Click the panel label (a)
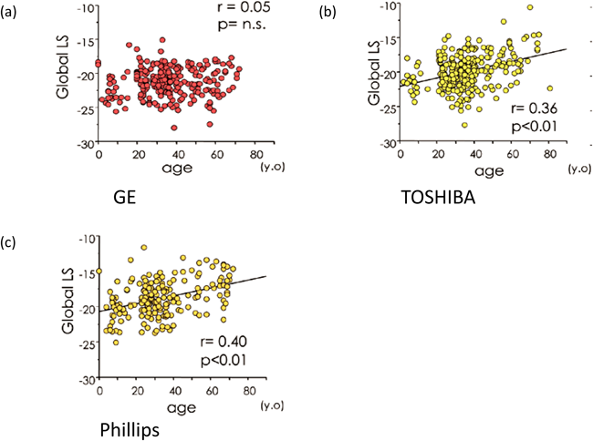coord(14,10)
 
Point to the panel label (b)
coord(326,10)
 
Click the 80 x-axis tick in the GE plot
coord(250,157)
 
